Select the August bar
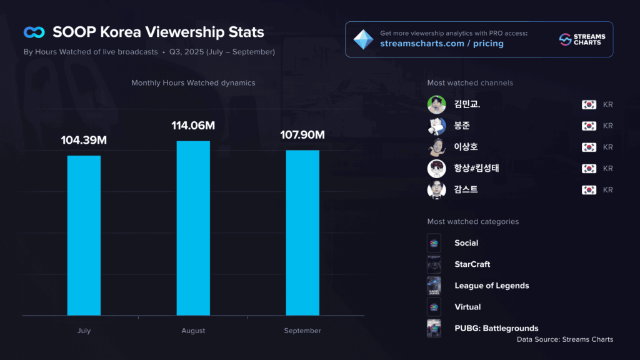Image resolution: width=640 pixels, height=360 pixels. (193, 228)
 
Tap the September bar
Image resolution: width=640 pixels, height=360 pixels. (302, 232)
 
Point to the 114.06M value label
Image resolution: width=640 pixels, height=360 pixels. (193, 126)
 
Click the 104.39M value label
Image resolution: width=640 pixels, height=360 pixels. (84, 140)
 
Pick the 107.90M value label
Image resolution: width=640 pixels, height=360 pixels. (302, 135)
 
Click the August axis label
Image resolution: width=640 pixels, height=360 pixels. (193, 331)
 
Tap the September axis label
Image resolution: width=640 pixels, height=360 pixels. (302, 331)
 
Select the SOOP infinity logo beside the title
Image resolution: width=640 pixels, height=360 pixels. (34, 32)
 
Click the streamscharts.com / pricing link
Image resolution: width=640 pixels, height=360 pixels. (442, 44)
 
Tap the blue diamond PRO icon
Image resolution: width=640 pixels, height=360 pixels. (362, 39)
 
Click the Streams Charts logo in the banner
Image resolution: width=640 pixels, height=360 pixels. (581, 39)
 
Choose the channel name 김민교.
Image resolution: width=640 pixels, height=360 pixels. (467, 104)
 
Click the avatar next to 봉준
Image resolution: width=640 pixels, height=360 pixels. (436, 126)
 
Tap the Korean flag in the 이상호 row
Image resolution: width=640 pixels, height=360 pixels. (588, 147)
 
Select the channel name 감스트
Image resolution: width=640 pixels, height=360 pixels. (466, 189)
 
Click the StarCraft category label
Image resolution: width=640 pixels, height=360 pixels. (472, 264)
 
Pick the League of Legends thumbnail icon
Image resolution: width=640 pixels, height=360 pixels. (434, 286)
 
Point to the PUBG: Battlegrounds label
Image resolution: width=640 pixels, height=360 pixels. (496, 328)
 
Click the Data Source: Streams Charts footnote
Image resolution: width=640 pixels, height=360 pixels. (564, 339)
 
